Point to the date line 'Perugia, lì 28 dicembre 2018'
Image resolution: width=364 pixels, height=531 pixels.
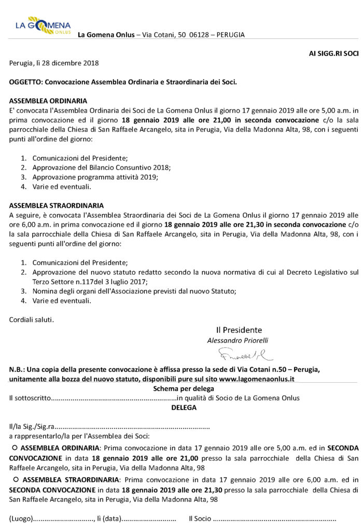point(54,63)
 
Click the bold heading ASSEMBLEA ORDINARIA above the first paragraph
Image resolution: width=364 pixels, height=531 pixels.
point(48,101)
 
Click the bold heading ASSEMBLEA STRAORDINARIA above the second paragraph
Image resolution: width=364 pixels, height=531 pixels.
point(57,205)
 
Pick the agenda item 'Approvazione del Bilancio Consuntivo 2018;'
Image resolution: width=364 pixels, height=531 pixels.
point(101,167)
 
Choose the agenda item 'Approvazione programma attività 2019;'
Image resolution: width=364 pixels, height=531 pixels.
point(95,177)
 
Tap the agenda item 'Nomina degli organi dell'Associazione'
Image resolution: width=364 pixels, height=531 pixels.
point(134,291)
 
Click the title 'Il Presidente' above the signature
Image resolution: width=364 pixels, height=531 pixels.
point(239,330)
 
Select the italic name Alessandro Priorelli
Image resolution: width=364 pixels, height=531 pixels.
point(238,340)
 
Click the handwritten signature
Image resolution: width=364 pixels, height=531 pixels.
point(239,355)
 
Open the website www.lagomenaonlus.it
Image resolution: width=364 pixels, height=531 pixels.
point(257,379)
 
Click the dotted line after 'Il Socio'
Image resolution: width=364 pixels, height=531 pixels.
point(275,518)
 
